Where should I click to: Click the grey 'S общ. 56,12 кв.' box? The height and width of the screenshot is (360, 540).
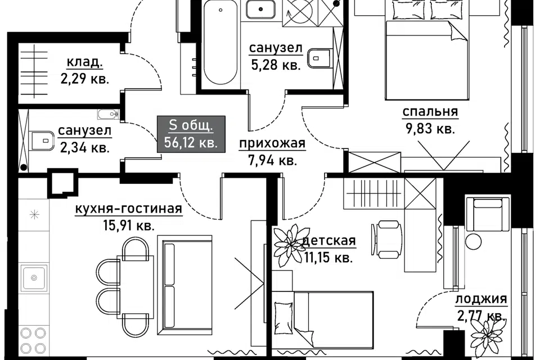point(191,134)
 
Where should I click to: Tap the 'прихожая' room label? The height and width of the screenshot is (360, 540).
point(272,143)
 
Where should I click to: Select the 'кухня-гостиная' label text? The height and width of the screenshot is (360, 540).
point(128,209)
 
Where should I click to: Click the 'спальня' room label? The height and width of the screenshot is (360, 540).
point(430,112)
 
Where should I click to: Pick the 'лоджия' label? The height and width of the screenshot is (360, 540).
point(481,299)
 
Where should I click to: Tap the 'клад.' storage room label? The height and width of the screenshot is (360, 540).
point(84,62)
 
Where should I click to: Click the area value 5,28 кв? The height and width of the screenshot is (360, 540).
point(276,65)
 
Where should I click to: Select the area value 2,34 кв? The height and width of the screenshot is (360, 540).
point(85,147)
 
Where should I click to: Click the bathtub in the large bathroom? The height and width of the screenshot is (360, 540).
point(220,43)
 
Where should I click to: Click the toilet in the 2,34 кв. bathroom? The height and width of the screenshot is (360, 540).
point(43,140)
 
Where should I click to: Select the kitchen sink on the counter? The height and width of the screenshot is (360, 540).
point(34,277)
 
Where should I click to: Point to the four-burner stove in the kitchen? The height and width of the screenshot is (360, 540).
point(33,340)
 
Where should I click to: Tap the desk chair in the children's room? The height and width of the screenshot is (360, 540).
point(387,240)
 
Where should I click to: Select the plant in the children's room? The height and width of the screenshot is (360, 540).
point(288,245)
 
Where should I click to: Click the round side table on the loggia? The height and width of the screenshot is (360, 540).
point(474,241)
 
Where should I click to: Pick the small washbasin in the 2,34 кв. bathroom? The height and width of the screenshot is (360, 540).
point(108,114)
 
